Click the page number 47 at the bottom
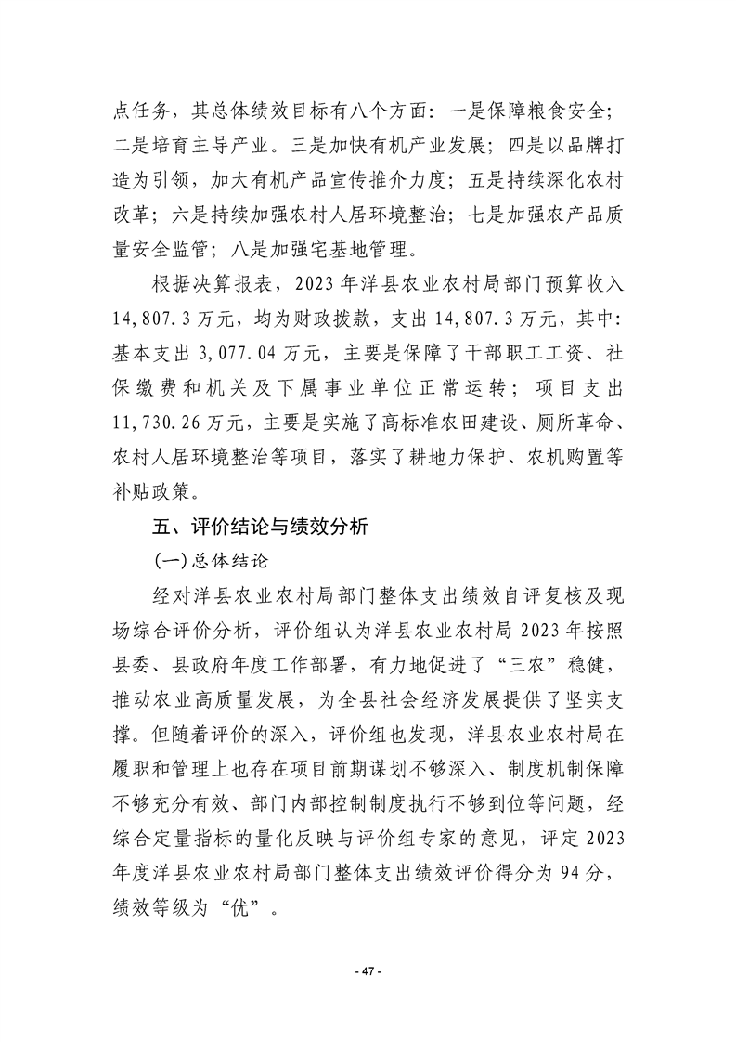coord(368,971)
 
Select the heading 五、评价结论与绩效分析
coord(261,528)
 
